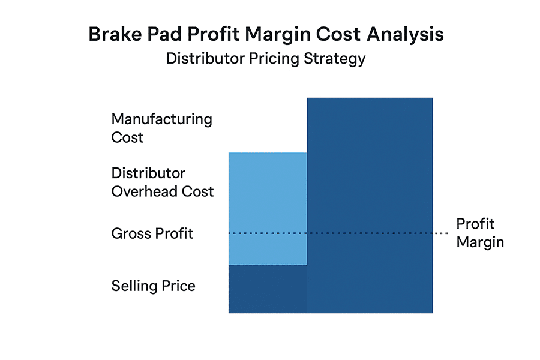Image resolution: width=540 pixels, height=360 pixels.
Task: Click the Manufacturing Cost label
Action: point(161,128)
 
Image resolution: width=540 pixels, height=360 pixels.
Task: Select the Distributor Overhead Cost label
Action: point(162,182)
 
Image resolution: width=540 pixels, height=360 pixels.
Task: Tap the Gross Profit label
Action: point(152,233)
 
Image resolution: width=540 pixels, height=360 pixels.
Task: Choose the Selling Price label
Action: point(153,286)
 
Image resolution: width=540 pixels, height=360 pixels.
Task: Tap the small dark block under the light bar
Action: point(268,289)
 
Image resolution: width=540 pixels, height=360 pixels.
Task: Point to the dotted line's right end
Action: point(448,233)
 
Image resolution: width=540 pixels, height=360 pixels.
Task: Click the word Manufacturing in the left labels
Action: point(161,119)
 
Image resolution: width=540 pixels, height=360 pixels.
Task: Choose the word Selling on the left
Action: point(133,286)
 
